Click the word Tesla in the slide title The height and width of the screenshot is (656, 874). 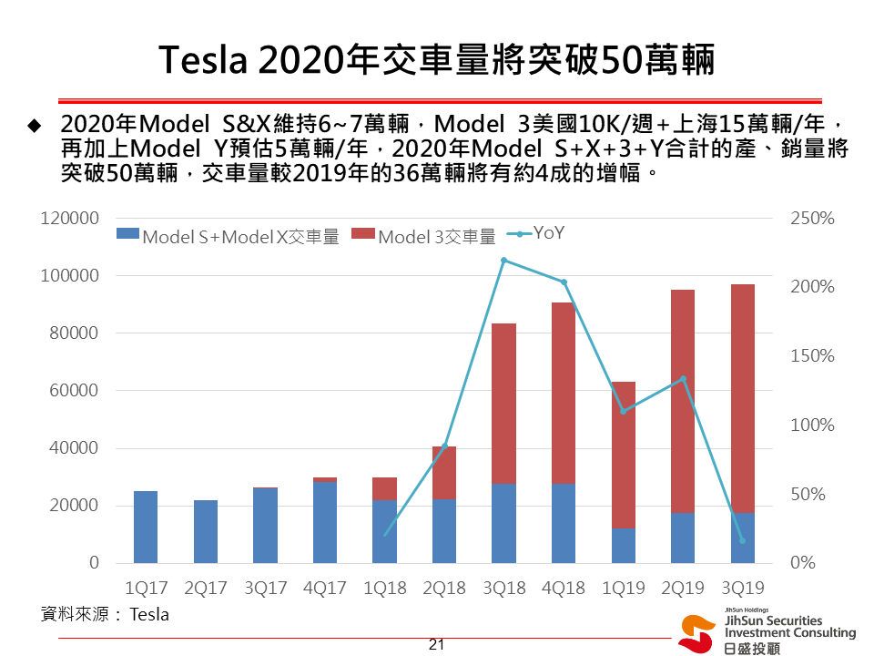click(204, 61)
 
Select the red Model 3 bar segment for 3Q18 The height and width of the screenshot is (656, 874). click(503, 403)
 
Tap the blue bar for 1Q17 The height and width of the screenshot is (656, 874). click(146, 527)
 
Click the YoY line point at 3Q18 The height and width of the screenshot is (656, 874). click(503, 261)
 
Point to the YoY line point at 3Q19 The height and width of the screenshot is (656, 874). click(743, 540)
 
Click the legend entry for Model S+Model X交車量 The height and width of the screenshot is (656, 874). click(229, 237)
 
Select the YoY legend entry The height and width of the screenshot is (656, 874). click(536, 233)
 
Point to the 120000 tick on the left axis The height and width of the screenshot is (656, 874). click(69, 219)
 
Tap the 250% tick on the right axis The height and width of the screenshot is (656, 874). click(813, 219)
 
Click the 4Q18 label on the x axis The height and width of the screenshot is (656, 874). click(564, 588)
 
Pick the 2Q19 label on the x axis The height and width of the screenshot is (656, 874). click(683, 588)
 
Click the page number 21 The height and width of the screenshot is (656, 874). click(436, 644)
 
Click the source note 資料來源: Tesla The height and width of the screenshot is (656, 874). click(106, 614)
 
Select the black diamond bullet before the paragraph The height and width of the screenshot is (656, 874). click(36, 124)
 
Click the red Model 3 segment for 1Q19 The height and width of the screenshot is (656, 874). click(623, 454)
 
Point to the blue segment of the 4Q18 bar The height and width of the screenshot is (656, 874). click(564, 523)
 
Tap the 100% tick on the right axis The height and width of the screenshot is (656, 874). click(813, 425)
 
